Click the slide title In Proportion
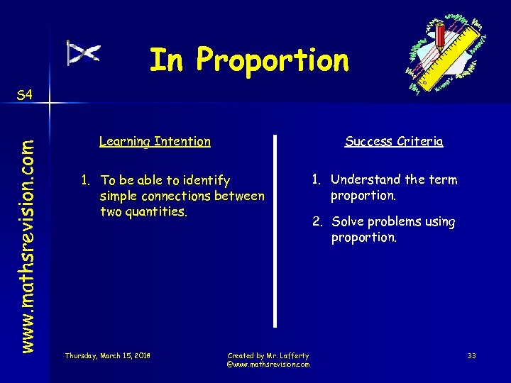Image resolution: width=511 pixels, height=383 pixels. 249,60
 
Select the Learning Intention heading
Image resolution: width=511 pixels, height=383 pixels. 155,141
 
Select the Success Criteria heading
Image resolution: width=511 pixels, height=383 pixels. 394,141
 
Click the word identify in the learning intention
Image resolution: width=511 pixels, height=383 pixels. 204,181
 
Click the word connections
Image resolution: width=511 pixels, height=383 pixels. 180,196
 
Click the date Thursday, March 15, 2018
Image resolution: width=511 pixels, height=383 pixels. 107,355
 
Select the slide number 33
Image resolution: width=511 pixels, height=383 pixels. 473,355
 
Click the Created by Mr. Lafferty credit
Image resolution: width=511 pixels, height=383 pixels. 268,355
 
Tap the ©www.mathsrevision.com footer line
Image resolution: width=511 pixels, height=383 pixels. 268,364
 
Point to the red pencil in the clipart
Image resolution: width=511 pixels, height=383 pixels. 441,35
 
